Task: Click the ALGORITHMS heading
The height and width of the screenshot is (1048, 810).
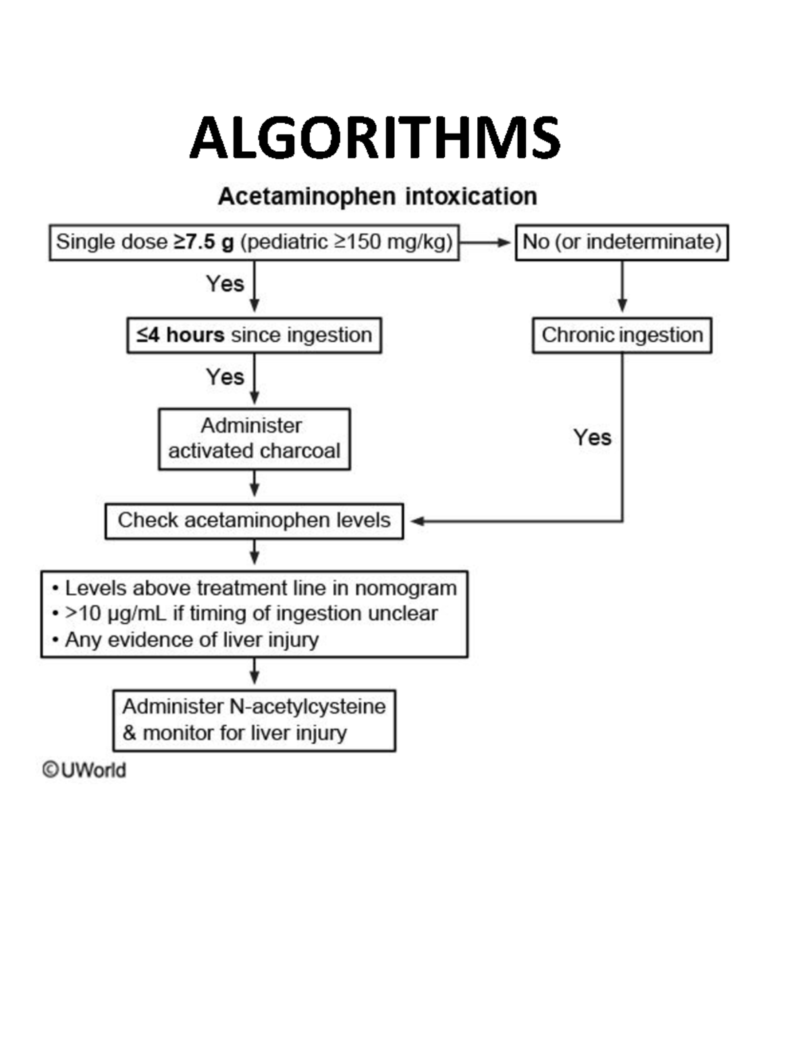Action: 375,138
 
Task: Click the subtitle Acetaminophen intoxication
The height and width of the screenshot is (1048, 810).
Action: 377,196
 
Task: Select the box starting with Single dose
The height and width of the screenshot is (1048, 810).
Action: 254,242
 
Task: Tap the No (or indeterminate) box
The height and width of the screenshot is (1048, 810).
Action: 622,242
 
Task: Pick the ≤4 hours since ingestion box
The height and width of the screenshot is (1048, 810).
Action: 254,335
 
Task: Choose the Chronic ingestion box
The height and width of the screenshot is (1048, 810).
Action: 622,335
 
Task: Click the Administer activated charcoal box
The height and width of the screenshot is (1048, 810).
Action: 254,439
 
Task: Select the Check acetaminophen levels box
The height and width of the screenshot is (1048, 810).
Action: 254,520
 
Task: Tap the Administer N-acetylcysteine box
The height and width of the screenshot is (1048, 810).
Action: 254,720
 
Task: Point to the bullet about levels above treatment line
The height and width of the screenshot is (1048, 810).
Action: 260,588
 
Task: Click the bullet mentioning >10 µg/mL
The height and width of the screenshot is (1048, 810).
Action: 250,613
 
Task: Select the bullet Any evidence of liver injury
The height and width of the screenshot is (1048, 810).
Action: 191,640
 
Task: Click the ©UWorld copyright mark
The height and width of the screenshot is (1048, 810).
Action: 84,770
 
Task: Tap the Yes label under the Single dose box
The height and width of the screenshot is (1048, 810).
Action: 225,283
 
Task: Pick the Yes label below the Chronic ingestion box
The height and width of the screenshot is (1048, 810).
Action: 592,437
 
